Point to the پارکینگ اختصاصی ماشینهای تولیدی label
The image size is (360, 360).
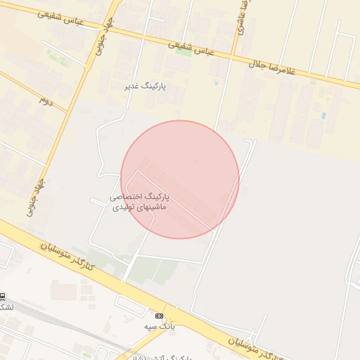[141, 202]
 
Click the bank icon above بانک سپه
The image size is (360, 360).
[160, 316]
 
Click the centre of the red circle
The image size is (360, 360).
[180, 179]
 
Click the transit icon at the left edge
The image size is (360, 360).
[2, 296]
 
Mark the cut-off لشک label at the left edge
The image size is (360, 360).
[6, 307]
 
